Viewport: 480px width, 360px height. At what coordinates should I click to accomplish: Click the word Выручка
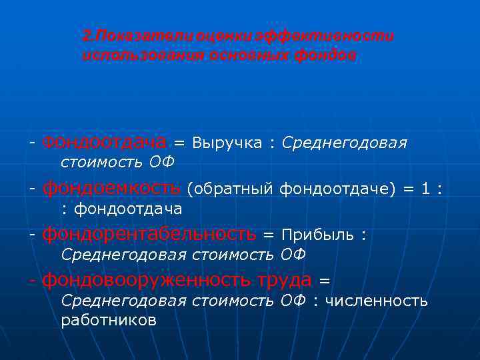pyautogui.click(x=227, y=143)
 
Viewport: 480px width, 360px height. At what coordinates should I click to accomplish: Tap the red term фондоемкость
pyautogui.click(x=111, y=189)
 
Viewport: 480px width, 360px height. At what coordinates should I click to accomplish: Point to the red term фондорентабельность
pyautogui.click(x=149, y=234)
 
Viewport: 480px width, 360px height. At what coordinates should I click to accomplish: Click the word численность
pyautogui.click(x=375, y=301)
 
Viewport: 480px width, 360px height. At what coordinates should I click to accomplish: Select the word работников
pyautogui.click(x=109, y=320)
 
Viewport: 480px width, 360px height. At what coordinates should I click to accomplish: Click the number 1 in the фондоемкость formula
pyautogui.click(x=425, y=189)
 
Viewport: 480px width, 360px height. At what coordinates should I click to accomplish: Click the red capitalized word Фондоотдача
pyautogui.click(x=104, y=143)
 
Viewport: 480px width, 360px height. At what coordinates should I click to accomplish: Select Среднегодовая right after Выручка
pyautogui.click(x=345, y=143)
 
